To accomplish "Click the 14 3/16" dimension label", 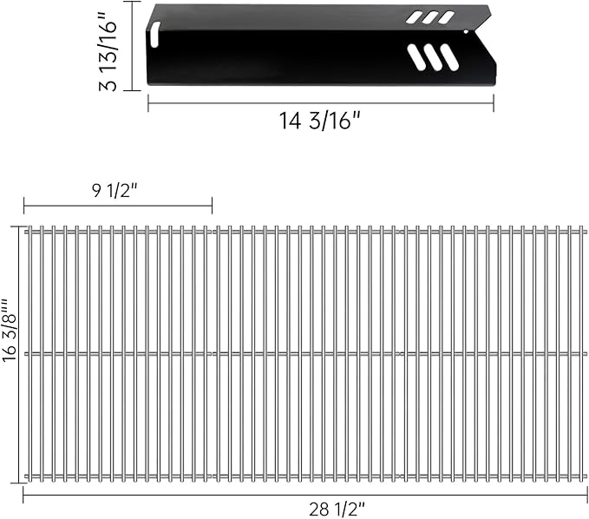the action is [x=319, y=121].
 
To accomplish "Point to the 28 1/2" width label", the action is [x=337, y=510].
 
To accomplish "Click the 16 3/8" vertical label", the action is [x=10, y=330].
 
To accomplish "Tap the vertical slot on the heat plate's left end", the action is [x=154, y=34].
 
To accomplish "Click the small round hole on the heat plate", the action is [x=466, y=32].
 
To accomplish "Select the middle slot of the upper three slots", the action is [x=429, y=17].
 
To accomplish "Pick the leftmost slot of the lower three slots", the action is [x=416, y=57].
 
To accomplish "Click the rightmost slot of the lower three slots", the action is [x=449, y=57].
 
